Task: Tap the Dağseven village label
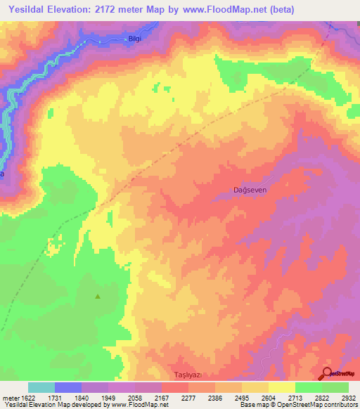[x=250, y=190]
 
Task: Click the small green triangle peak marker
[x=98, y=296]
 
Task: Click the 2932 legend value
[x=348, y=398]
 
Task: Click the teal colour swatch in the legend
[x=41, y=387]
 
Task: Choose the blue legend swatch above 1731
[x=68, y=387]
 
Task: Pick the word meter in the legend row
[x=9, y=398]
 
